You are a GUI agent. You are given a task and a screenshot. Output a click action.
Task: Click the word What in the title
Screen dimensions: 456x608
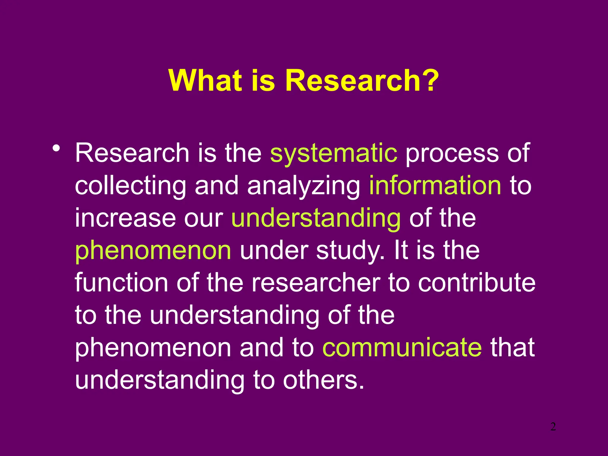point(205,81)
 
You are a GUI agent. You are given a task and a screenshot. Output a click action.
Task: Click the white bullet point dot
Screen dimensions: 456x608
point(56,148)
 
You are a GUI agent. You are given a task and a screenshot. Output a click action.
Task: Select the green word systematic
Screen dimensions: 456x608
point(333,153)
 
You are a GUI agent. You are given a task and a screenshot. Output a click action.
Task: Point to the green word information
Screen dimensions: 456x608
point(435,186)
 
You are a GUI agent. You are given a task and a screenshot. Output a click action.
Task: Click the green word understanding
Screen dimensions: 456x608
point(316,218)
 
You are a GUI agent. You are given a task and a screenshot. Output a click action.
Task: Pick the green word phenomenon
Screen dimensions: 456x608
point(153,251)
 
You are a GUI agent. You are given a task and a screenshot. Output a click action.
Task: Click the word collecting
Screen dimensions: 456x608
point(131,186)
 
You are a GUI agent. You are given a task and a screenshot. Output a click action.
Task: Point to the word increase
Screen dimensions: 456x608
point(125,218)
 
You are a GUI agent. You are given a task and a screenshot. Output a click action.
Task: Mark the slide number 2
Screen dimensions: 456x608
point(553,427)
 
